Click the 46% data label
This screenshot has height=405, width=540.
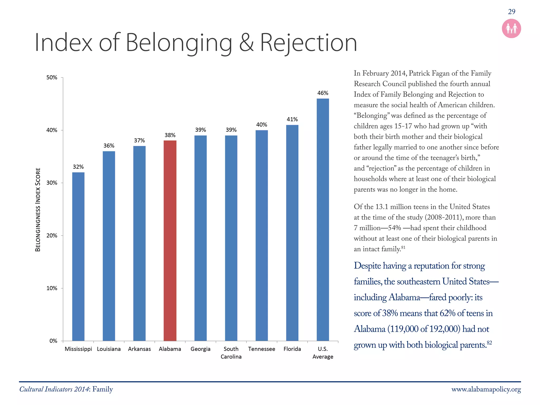(323, 93)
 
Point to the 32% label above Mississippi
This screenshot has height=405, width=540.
(78, 167)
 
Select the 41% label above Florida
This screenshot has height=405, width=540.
(292, 119)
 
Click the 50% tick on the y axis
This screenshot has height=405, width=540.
(52, 78)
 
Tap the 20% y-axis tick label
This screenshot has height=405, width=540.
(52, 236)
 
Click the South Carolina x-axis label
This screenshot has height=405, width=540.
(231, 353)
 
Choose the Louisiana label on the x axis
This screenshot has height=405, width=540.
(109, 349)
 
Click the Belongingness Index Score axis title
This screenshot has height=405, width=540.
(38, 210)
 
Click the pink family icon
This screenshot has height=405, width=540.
(511, 28)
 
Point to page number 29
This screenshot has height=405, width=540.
(512, 12)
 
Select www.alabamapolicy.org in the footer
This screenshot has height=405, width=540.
(486, 389)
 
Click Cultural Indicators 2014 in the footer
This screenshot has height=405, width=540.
(54, 389)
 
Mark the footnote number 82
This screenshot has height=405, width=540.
(489, 343)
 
